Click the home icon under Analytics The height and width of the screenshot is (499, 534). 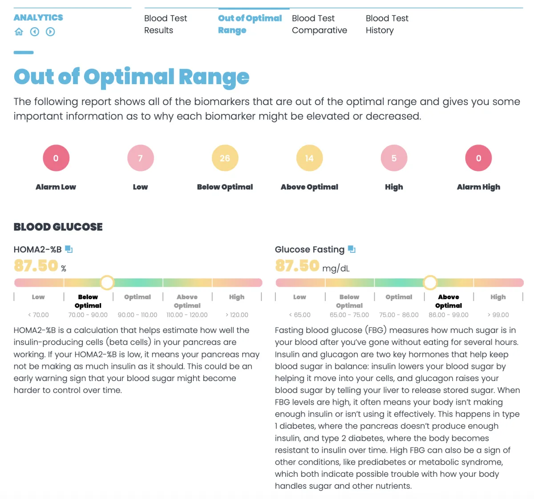pyautogui.click(x=19, y=32)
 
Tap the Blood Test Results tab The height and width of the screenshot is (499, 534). pyautogui.click(x=166, y=24)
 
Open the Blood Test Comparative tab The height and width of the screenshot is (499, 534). pyautogui.click(x=319, y=24)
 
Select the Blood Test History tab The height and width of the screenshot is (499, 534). pyautogui.click(x=387, y=24)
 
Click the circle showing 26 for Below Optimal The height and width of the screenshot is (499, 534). pyautogui.click(x=225, y=158)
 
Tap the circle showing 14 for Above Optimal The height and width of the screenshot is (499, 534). pyautogui.click(x=309, y=158)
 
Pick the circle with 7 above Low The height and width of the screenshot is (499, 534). pyautogui.click(x=140, y=158)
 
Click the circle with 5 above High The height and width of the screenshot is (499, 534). pyautogui.click(x=394, y=158)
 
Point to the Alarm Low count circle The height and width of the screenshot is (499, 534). pyautogui.click(x=56, y=158)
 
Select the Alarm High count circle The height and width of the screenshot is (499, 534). pyautogui.click(x=478, y=158)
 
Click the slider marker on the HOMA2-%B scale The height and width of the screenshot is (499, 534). pyautogui.click(x=107, y=282)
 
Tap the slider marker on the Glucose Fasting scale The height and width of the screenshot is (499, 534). pyautogui.click(x=430, y=282)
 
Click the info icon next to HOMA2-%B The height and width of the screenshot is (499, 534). pyautogui.click(x=69, y=249)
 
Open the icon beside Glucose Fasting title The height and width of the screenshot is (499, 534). pyautogui.click(x=352, y=249)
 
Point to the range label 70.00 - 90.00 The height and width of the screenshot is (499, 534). pyautogui.click(x=88, y=315)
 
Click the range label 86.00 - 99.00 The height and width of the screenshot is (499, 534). pyautogui.click(x=448, y=315)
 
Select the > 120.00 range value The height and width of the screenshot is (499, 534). pyautogui.click(x=237, y=315)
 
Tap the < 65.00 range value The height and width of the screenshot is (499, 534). pyautogui.click(x=299, y=315)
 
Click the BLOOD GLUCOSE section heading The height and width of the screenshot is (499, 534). pyautogui.click(x=58, y=227)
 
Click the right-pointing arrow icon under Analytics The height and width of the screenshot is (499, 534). pyautogui.click(x=50, y=32)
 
